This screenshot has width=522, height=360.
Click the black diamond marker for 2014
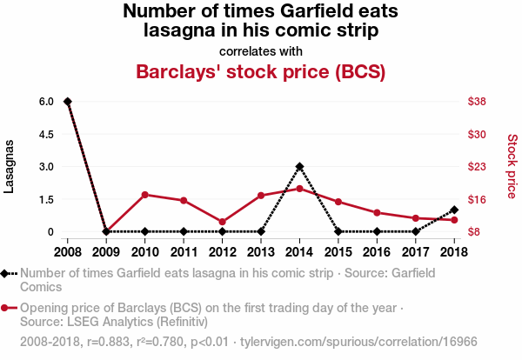coord(299,166)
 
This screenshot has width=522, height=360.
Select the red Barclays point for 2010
coord(144,195)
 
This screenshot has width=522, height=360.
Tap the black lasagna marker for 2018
coord(454,210)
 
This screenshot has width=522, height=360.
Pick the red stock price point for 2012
coord(222,222)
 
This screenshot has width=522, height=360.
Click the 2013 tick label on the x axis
coord(261,252)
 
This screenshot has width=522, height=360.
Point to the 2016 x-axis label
coord(377,252)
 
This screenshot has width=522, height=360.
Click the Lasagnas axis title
coord(10,166)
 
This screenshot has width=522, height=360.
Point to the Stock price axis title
coord(512,166)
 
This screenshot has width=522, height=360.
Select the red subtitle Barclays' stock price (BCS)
coord(261,71)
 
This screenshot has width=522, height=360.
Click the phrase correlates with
coord(261,50)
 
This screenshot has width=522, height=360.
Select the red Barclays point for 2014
coord(299,189)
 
